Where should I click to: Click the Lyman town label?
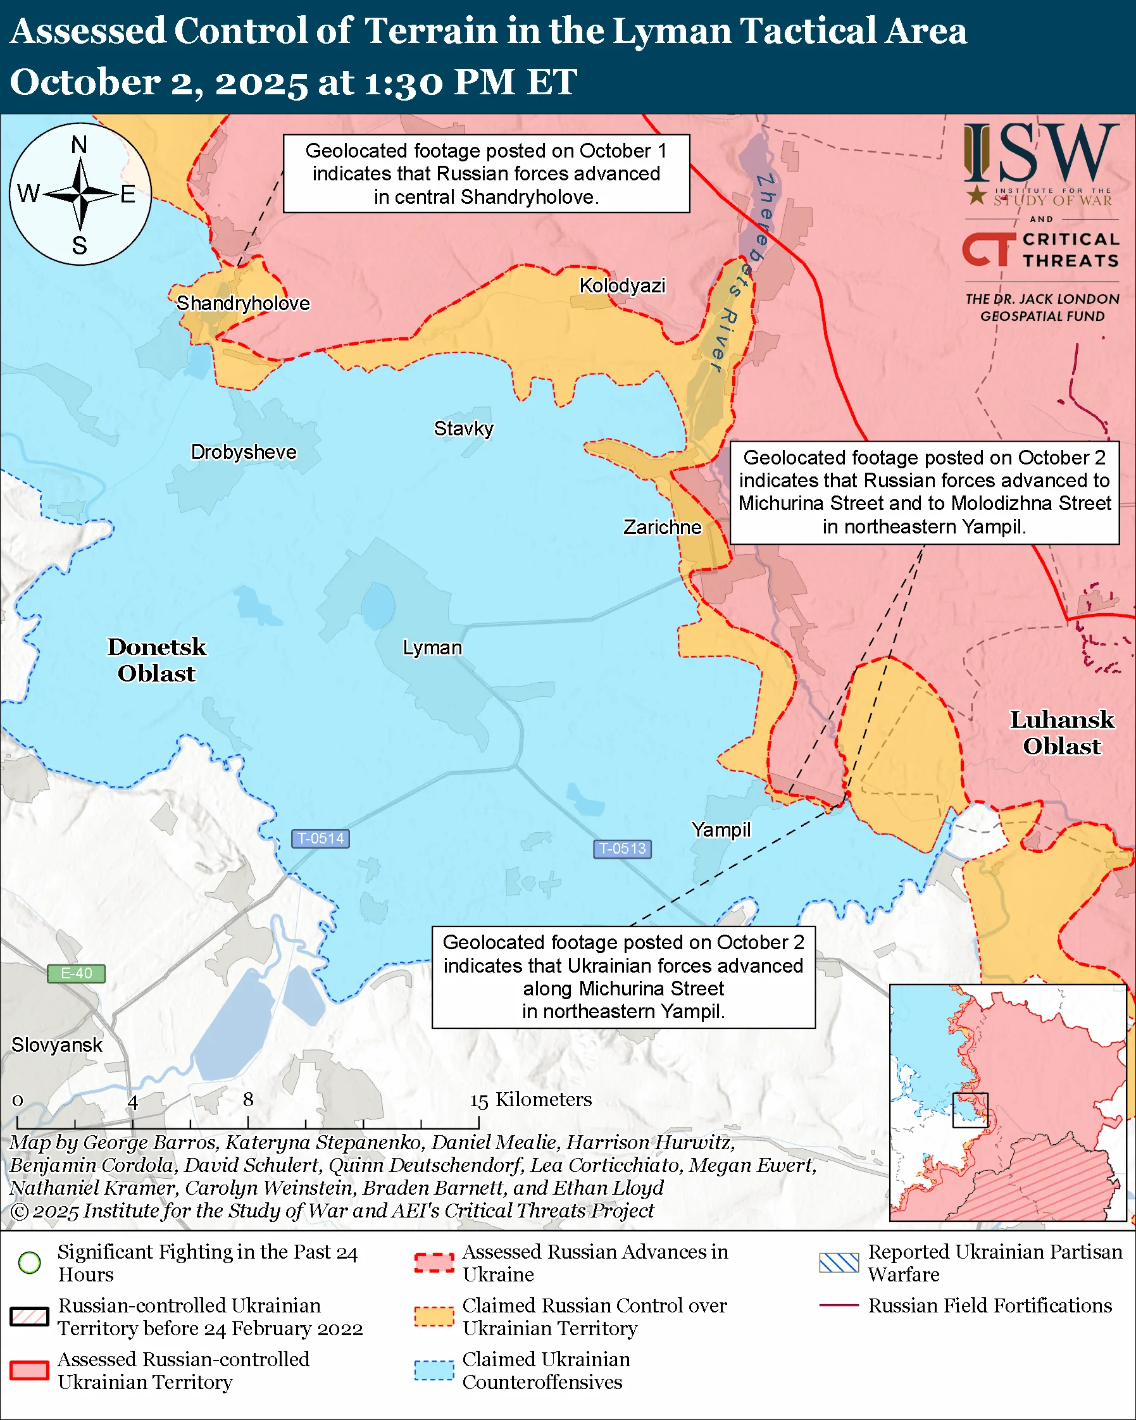tap(432, 648)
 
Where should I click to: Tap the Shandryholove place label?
tap(242, 304)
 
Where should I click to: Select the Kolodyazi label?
tap(621, 286)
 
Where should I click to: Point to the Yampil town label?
tap(720, 830)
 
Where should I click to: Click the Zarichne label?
tap(662, 528)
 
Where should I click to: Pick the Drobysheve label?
tap(243, 452)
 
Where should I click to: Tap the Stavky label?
tap(463, 429)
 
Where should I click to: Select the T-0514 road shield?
tap(320, 838)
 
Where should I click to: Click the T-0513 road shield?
tap(622, 849)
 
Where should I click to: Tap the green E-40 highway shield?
tap(76, 973)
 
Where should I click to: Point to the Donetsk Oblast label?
tap(156, 660)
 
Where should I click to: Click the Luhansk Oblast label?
tap(1061, 733)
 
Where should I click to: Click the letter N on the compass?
tap(79, 145)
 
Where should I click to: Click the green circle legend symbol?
tap(30, 1262)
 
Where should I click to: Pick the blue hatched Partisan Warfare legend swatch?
tap(839, 1262)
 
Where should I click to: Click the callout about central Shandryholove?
tap(486, 174)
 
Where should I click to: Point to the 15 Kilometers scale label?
tap(530, 1099)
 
